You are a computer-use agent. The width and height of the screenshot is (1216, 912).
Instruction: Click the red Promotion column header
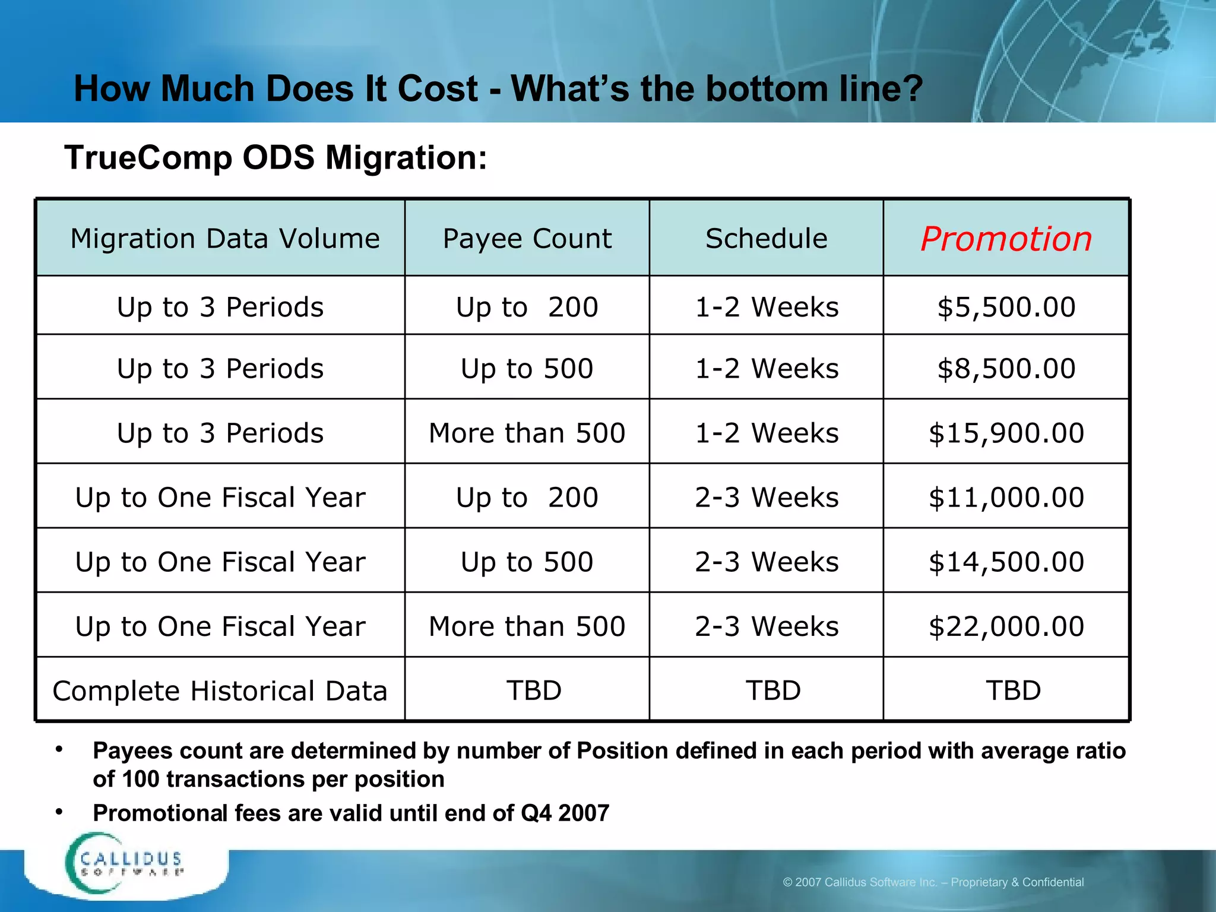click(x=1006, y=239)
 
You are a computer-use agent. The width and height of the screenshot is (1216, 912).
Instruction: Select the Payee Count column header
click(x=527, y=239)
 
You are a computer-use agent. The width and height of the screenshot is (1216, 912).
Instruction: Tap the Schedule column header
click(x=766, y=239)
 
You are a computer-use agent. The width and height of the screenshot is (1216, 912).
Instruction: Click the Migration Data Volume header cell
click(x=224, y=239)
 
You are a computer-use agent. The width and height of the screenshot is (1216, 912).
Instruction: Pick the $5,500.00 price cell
click(x=1006, y=307)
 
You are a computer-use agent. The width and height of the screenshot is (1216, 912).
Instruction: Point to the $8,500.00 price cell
click(x=1006, y=369)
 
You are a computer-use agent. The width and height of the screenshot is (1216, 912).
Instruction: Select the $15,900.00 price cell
click(x=1006, y=433)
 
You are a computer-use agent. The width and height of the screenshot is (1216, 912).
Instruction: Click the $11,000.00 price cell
click(x=1006, y=498)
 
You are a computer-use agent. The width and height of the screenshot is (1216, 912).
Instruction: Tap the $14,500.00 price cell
click(x=1006, y=562)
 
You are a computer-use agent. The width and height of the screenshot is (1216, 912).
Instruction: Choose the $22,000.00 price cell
click(x=1006, y=626)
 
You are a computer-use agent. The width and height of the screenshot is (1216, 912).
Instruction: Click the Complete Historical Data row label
click(x=220, y=691)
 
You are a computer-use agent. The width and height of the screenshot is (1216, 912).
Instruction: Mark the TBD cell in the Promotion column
click(x=1013, y=691)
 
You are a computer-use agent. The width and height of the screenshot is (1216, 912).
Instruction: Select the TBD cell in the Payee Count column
click(x=533, y=691)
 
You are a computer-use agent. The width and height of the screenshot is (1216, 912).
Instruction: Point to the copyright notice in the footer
click(x=933, y=882)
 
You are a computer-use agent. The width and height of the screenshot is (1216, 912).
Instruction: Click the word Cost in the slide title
click(x=437, y=89)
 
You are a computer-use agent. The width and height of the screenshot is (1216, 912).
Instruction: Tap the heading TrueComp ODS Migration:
click(x=275, y=158)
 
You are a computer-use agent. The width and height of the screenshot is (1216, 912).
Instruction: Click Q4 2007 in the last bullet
click(x=565, y=813)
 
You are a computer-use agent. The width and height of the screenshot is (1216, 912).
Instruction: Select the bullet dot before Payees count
click(x=59, y=750)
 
